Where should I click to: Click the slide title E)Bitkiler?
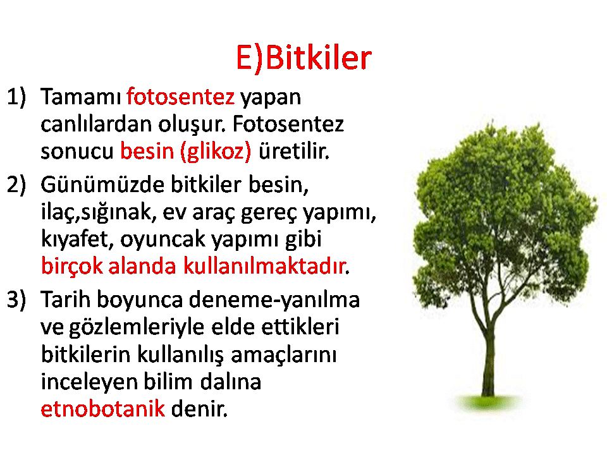click(304, 58)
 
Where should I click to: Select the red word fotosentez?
click(180, 97)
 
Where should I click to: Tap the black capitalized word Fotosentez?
click(288, 124)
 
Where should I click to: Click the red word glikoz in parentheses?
click(216, 151)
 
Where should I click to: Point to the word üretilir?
click(294, 151)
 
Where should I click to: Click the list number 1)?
click(16, 97)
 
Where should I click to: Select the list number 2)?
click(16, 184)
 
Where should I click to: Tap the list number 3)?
click(16, 300)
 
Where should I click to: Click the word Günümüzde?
click(102, 184)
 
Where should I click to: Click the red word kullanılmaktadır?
click(264, 266)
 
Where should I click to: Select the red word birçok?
click(72, 267)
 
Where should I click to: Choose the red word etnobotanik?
click(103, 409)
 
